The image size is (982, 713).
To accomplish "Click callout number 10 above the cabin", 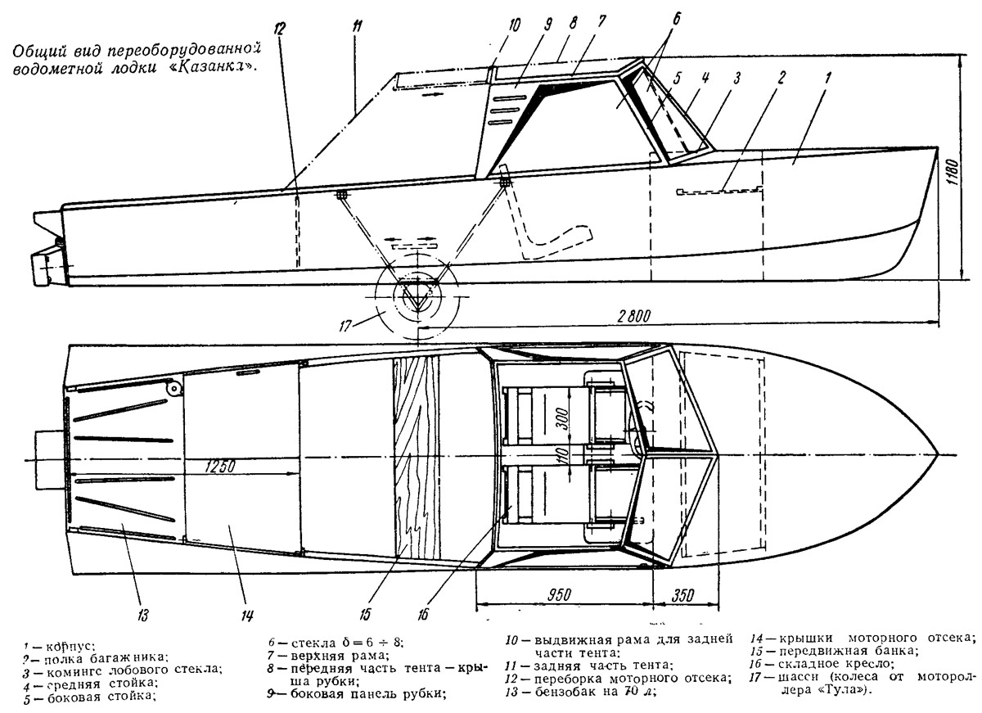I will pos(513,25).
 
